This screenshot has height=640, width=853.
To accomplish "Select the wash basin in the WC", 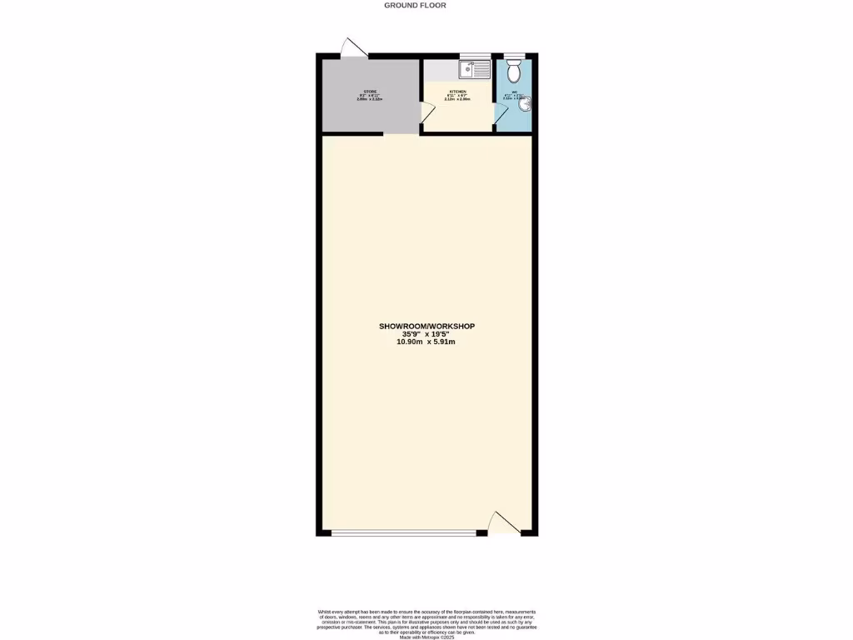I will point(527,104).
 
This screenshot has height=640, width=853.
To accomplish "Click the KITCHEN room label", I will point(457,91).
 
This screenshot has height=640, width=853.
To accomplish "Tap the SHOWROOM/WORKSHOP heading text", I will point(426,327).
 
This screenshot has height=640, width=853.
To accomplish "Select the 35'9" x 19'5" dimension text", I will point(426,334).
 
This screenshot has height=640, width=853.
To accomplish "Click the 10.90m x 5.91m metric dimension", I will point(426,342).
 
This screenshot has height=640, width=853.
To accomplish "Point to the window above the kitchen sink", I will point(476,56).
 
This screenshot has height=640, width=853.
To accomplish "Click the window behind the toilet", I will point(513,56).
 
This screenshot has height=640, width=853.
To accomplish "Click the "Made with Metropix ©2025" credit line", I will point(426,637).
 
